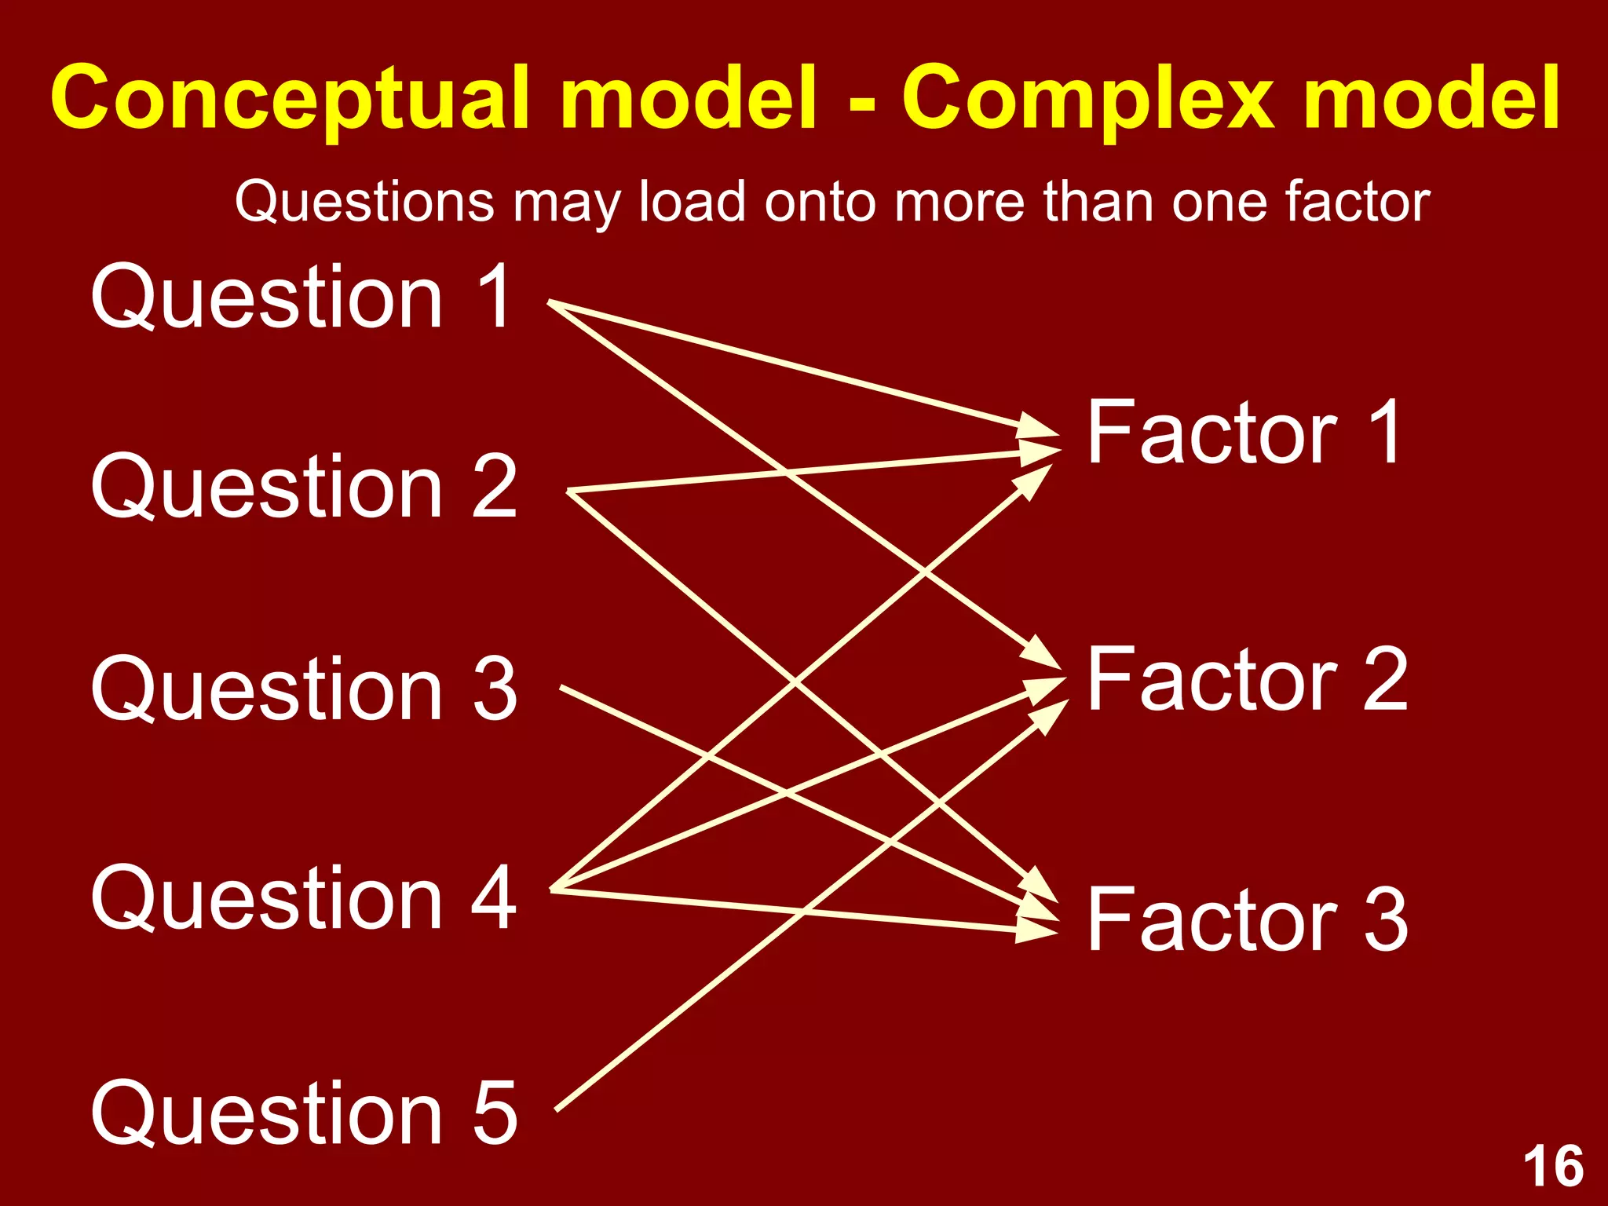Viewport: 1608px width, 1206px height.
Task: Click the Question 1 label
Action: (302, 297)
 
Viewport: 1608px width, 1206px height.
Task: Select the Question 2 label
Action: (304, 488)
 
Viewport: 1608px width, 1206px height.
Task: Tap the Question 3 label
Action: (304, 689)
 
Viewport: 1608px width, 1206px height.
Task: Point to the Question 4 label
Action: (304, 897)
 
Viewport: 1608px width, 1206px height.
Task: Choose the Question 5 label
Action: (304, 1113)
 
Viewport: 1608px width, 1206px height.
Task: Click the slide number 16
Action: (1553, 1167)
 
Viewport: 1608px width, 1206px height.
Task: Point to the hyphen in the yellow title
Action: (861, 102)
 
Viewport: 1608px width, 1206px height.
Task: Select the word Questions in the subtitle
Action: (364, 203)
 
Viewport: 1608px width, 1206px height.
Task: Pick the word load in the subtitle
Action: (692, 203)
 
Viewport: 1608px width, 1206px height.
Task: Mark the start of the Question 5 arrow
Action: (557, 1109)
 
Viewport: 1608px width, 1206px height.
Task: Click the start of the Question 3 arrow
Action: (561, 688)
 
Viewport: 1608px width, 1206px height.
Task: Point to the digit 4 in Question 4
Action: (493, 897)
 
